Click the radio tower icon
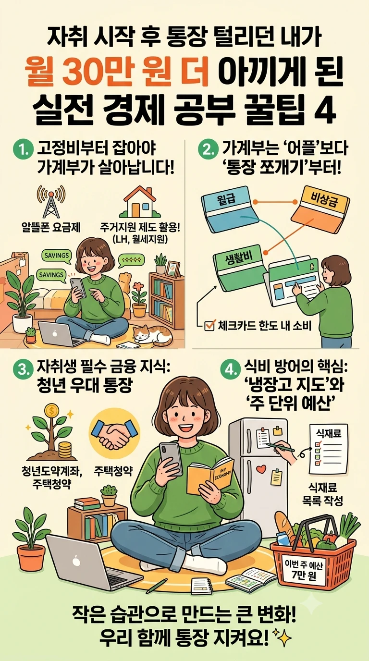(51, 201)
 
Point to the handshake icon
(114, 433)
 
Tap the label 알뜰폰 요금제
(51, 228)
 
